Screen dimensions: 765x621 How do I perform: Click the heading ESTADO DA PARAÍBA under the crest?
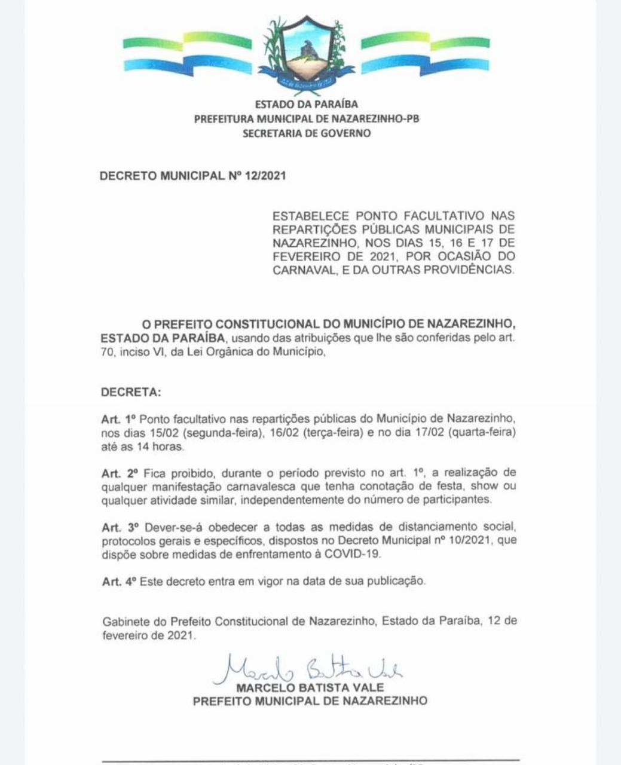point(307,105)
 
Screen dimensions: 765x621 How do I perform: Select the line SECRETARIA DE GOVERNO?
point(307,133)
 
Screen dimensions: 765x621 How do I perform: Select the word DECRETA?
point(131,393)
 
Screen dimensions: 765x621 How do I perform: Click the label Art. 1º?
point(120,419)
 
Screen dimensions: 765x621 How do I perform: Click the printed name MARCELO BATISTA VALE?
point(310,687)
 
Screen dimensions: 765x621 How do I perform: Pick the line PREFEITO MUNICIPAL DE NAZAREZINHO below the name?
point(310,701)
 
